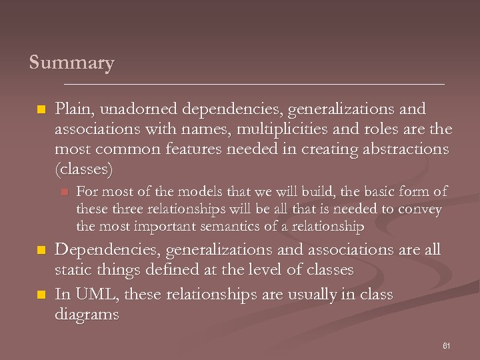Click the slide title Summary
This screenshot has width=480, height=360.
(x=72, y=63)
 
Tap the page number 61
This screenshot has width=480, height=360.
(x=447, y=346)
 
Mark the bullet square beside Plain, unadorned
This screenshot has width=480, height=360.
(x=41, y=109)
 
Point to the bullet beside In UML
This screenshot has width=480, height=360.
(x=41, y=295)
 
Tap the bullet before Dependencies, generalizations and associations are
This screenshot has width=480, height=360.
(x=41, y=251)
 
